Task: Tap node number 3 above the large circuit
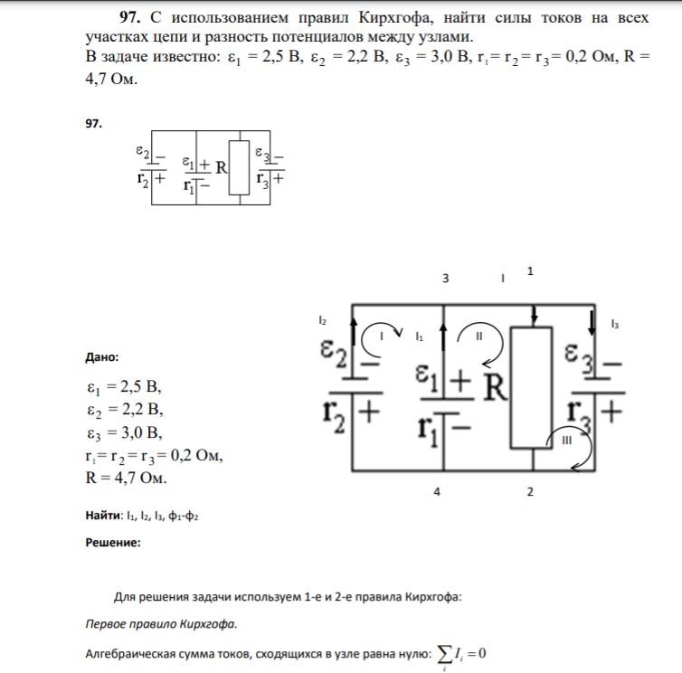(x=445, y=279)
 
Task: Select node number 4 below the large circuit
(x=437, y=491)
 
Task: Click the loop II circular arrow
(x=501, y=344)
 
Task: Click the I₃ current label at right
(x=614, y=324)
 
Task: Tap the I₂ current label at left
(x=322, y=320)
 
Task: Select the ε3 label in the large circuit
(x=579, y=357)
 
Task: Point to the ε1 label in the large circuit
(x=426, y=378)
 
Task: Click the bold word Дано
(x=102, y=357)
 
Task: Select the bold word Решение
(x=113, y=543)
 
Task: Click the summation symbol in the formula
(x=444, y=654)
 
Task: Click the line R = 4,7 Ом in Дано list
(x=126, y=478)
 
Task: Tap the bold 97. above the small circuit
(x=93, y=124)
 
